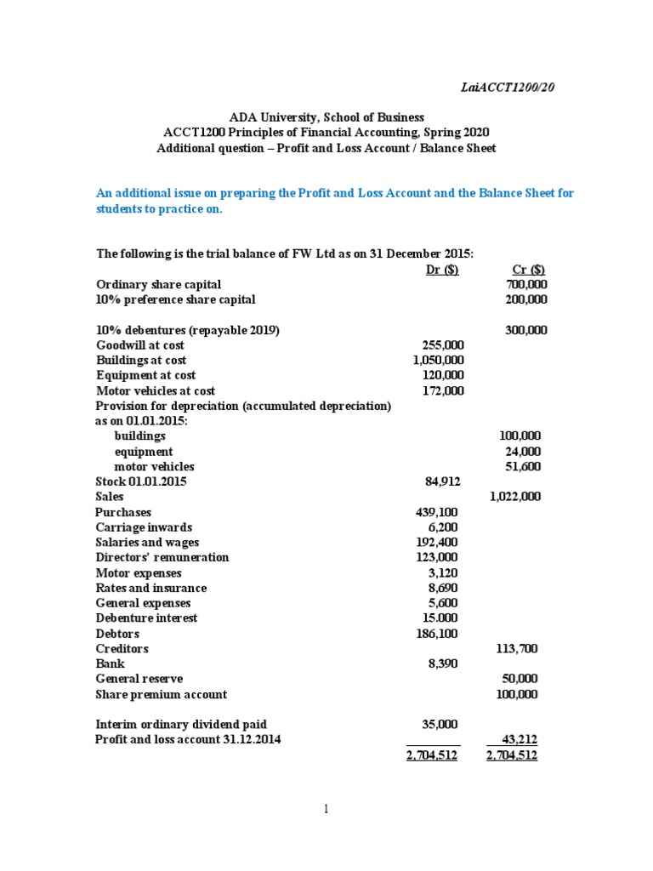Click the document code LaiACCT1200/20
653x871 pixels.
tap(507, 87)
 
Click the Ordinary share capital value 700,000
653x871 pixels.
tap(526, 284)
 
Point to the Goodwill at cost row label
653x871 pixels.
tap(140, 345)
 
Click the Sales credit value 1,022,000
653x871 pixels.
tap(515, 497)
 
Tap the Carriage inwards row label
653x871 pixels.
tap(144, 527)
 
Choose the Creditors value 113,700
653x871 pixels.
tap(516, 648)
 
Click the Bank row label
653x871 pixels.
tap(110, 663)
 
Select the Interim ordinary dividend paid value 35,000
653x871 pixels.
tap(440, 724)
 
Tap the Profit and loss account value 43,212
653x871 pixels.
tap(519, 739)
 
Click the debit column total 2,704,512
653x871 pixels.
tap(432, 755)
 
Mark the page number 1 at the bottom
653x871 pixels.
tap(326, 810)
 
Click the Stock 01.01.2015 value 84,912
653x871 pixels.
tap(442, 481)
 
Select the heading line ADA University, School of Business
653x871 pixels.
tap(326, 117)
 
